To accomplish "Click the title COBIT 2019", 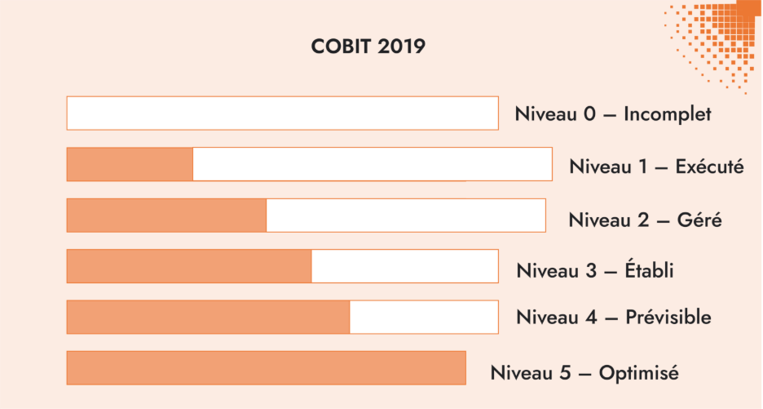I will coord(368,47).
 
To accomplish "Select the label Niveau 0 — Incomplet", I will coord(612,114).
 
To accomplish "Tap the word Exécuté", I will coord(709,167).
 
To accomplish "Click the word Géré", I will coord(699,220).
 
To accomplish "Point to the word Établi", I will coord(650,270).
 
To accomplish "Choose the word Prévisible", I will coord(668,317).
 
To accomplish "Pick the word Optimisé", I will coord(638,373).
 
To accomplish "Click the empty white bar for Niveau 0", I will coord(282,113).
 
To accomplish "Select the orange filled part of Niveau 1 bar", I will coord(130,164).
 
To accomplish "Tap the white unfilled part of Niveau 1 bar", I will coord(372,164).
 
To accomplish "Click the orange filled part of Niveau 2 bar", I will coord(166,216).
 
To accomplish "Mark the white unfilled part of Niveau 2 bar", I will coord(405,216).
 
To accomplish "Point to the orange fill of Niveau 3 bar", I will coord(189,266).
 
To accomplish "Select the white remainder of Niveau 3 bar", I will coord(404,266).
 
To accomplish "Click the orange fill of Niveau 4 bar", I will coord(208,317).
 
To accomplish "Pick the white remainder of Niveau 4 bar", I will coord(424,317).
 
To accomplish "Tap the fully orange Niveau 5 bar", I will coord(266,367).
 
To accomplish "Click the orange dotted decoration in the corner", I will coord(717,37).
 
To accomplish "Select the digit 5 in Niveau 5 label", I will coord(564,373).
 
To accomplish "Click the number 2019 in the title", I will coord(401,47).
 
